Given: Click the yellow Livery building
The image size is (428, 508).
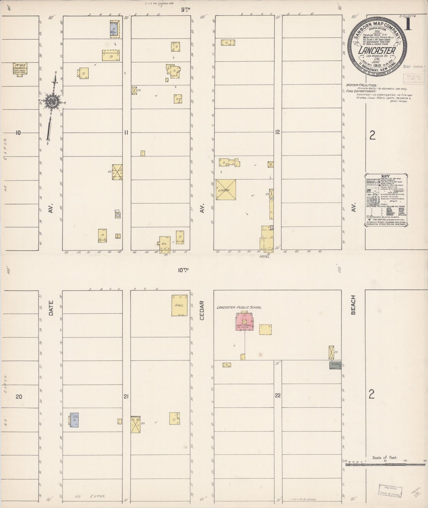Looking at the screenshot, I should tap(226, 190).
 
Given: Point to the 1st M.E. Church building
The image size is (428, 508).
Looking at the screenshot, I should tap(20, 68).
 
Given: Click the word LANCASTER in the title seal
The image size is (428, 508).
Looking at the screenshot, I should tap(377, 50).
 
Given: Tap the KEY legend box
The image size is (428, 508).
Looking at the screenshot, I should tap(387, 200).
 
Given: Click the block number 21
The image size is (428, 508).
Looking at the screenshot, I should tap(126, 396).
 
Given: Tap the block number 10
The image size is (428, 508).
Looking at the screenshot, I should tap(18, 132).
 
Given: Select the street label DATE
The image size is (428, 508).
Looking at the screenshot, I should tap(51, 308).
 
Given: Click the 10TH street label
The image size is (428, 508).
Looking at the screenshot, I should tap(183, 270).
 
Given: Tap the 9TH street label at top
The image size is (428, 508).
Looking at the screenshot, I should tap(185, 9).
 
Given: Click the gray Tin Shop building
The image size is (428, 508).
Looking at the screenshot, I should tap(335, 365).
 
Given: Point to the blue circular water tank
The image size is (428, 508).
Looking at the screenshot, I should tap(118, 215).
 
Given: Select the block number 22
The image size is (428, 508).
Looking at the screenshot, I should tap(277, 395).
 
